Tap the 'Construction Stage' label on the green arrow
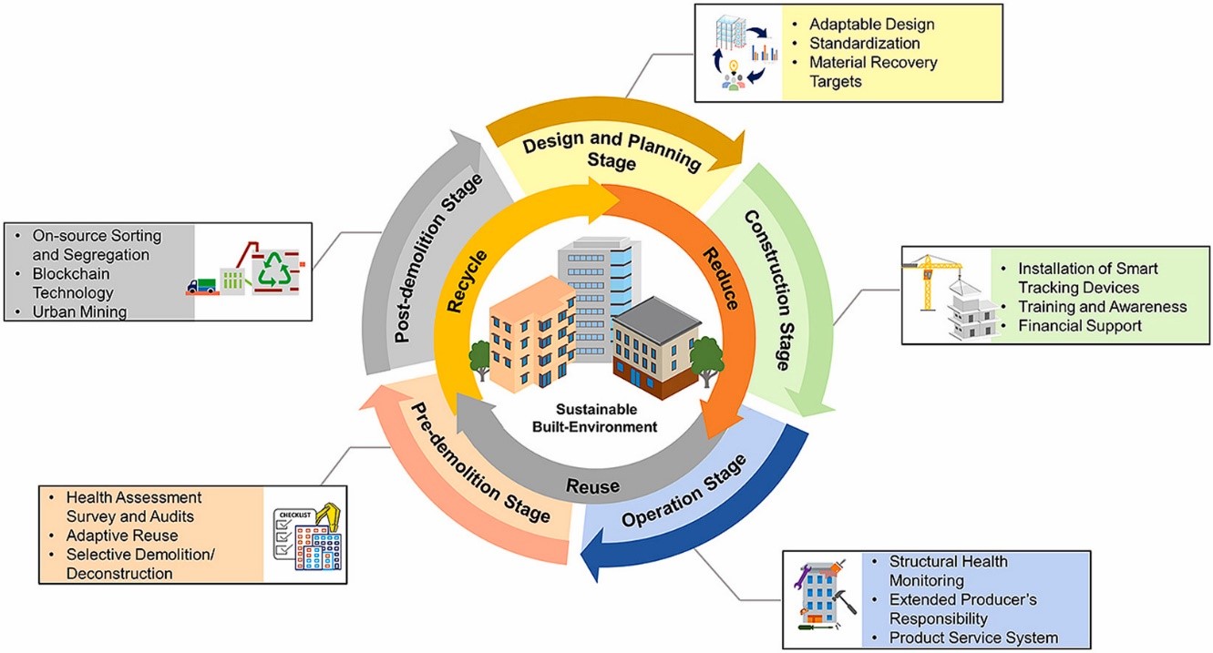point(767,289)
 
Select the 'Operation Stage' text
point(684,491)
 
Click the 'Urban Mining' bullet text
point(77,312)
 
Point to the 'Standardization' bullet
point(867,43)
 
